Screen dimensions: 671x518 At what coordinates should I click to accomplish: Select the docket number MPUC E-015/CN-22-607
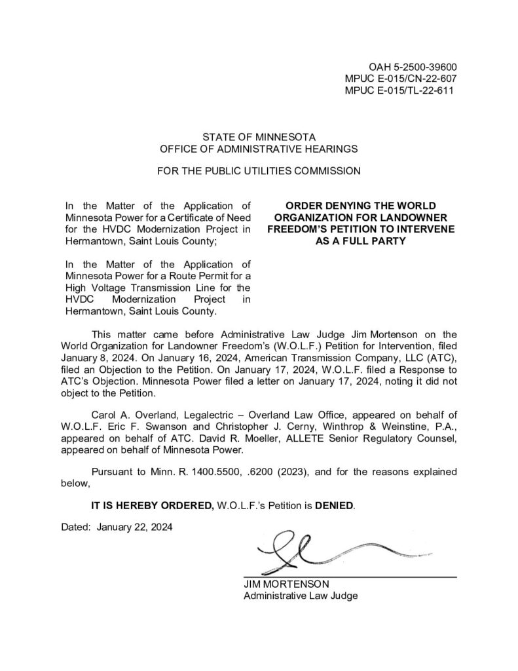(x=400, y=79)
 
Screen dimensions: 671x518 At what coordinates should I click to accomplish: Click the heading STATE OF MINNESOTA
(x=259, y=137)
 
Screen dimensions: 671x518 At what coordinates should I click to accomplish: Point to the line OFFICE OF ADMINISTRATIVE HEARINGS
(x=259, y=149)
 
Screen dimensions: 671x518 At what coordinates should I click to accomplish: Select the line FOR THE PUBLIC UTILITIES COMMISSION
(x=259, y=172)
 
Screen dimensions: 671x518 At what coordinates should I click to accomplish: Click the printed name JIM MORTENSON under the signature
(x=286, y=584)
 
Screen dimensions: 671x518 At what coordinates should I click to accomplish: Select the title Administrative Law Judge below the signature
(x=301, y=596)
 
